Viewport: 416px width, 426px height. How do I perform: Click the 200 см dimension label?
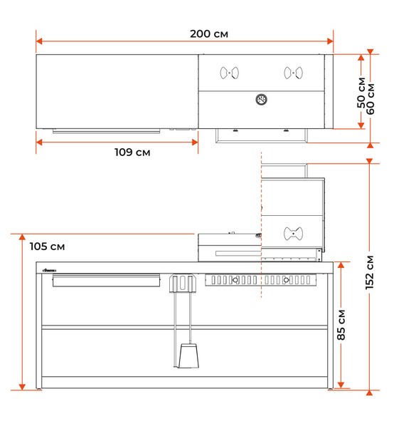209,34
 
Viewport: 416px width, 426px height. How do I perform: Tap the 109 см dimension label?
132,152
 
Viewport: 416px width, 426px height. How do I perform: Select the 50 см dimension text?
361,93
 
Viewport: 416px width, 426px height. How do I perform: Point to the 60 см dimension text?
370,99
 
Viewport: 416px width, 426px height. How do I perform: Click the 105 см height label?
47,246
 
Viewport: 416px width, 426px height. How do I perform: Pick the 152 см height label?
370,273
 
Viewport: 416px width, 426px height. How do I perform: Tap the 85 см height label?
341,325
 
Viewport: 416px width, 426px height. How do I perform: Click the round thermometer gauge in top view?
262,100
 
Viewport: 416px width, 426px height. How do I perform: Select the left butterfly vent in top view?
230,73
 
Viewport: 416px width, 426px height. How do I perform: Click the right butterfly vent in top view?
294,73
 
